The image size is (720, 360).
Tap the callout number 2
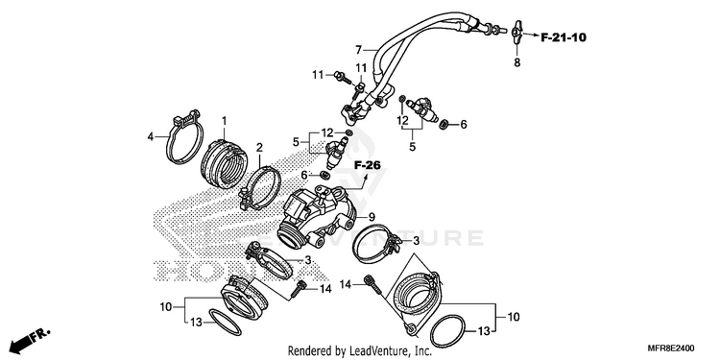259,148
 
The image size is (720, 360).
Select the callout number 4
150,136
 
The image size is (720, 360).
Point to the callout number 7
359,49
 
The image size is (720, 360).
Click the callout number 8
517,63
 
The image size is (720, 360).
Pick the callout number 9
372,216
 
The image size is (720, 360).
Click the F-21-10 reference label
564,37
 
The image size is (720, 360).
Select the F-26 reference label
368,165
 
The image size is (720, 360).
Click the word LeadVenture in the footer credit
373,351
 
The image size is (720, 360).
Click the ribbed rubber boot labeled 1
226,165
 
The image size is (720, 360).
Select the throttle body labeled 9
320,213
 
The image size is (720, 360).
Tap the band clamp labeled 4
184,136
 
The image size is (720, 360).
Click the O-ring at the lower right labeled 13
447,332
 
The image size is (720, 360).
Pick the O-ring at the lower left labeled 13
225,323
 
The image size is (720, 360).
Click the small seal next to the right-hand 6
444,124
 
